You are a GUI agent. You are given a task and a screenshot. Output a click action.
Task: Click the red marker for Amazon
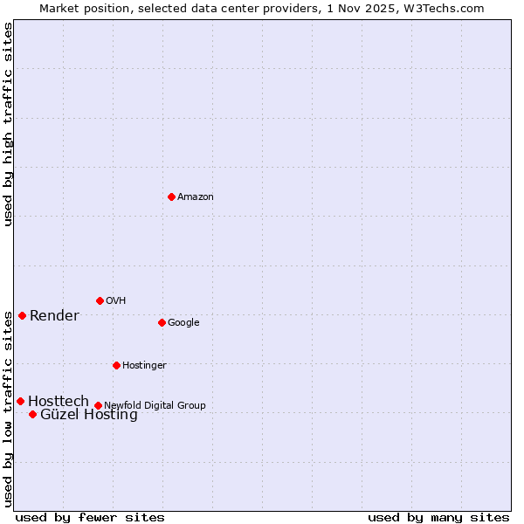pos(171,196)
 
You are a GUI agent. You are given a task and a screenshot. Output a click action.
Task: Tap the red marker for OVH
pos(100,300)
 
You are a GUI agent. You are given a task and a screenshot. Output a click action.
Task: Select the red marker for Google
pos(162,322)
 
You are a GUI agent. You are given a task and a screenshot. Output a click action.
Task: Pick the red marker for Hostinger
pos(116,365)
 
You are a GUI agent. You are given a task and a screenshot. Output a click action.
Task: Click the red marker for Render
pos(22,315)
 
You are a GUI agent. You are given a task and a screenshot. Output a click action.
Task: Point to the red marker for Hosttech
pos(20,401)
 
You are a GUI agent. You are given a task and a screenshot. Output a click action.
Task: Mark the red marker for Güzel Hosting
pos(32,414)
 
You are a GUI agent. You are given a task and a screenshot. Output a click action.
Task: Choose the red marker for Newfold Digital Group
pos(98,405)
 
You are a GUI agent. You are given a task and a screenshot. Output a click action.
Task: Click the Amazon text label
pos(196,197)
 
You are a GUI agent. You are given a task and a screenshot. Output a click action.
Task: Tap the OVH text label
pos(116,301)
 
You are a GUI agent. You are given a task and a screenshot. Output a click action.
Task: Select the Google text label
pos(183,323)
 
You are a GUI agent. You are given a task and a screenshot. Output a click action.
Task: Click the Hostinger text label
pos(144,366)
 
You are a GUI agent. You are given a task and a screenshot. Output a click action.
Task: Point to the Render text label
pos(54,316)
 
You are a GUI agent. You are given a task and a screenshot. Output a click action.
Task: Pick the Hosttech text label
pos(59,401)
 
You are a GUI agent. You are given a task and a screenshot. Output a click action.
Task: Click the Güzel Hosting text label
pos(89,415)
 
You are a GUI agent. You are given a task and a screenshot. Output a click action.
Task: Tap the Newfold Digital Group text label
pos(155,405)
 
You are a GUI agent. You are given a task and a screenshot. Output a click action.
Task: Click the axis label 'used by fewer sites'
pos(90,517)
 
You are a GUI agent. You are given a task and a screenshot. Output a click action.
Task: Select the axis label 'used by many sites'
pos(438,517)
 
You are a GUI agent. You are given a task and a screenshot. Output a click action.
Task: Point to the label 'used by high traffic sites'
pos(9,124)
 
